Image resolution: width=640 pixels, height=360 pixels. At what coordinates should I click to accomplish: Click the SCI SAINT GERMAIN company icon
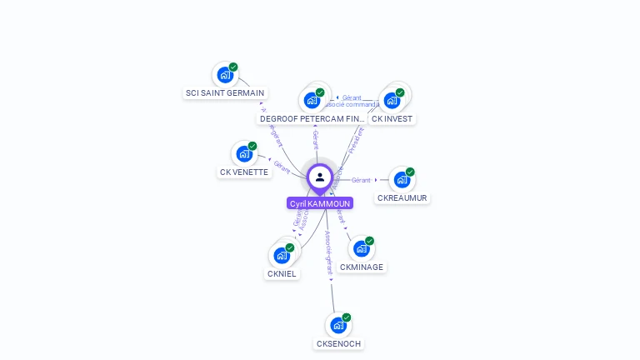(224, 75)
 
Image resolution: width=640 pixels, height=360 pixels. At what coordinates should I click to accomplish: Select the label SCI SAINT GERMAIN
(225, 93)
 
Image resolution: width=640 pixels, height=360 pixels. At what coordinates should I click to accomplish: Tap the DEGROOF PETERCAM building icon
(312, 100)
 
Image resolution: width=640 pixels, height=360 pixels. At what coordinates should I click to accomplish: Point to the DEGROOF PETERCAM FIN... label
(312, 119)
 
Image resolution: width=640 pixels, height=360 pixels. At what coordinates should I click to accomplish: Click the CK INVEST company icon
(392, 100)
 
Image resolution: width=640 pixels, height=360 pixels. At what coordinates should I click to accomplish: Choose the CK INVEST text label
(392, 119)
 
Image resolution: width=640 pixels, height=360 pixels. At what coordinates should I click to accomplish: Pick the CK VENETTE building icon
(243, 154)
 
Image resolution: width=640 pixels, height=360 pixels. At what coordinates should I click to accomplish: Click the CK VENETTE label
(244, 172)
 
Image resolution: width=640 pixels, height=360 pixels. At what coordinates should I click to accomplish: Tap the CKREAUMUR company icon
(402, 180)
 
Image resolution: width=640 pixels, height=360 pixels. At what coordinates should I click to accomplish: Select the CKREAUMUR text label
(402, 198)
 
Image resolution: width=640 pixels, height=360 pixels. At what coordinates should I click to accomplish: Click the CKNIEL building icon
(282, 256)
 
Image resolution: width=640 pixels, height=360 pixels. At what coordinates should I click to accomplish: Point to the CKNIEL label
(282, 274)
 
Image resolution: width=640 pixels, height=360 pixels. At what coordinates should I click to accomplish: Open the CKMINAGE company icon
(361, 249)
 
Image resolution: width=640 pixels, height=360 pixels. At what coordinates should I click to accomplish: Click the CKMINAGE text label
(362, 267)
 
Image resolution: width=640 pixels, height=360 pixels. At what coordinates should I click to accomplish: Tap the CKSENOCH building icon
(337, 325)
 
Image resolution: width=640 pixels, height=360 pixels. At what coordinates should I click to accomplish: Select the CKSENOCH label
(339, 344)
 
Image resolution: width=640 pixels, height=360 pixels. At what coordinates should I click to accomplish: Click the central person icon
(320, 177)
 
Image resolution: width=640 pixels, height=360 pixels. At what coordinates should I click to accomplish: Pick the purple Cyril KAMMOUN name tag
(320, 203)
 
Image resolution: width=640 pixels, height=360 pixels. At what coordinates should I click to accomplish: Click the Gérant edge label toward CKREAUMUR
(361, 180)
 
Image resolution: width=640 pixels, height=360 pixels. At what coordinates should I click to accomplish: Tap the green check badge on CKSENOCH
(347, 317)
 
